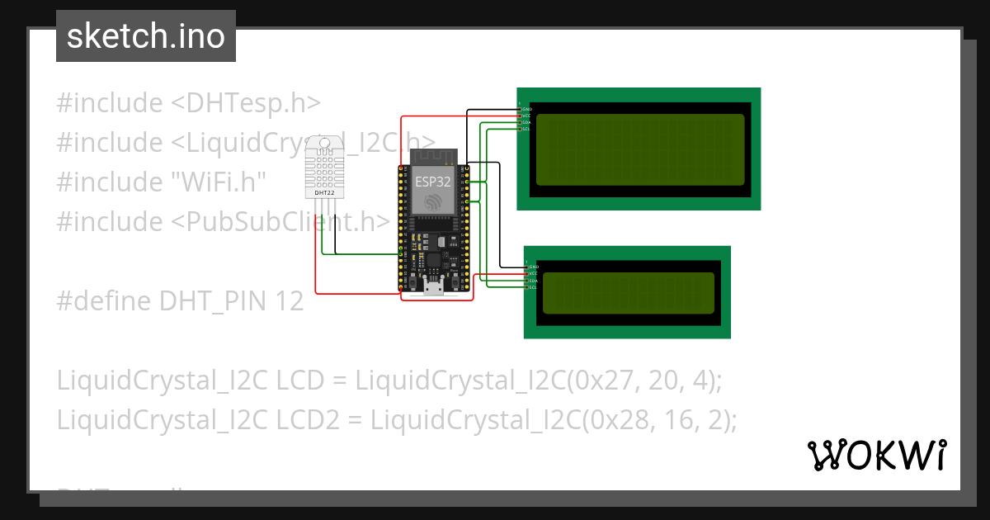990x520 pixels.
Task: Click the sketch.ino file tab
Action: [x=146, y=36]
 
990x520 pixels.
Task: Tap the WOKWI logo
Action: [x=875, y=456]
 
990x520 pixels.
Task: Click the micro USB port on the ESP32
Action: [x=433, y=286]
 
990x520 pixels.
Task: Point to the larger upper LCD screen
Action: [x=639, y=149]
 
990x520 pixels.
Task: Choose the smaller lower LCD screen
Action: [x=628, y=293]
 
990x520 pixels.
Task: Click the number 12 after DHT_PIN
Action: [x=290, y=301]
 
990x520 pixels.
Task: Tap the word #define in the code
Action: [x=104, y=301]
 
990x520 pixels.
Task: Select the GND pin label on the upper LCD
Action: [x=527, y=109]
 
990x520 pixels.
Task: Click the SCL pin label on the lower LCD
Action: [x=533, y=287]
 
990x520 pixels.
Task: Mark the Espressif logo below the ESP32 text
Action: [x=433, y=202]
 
